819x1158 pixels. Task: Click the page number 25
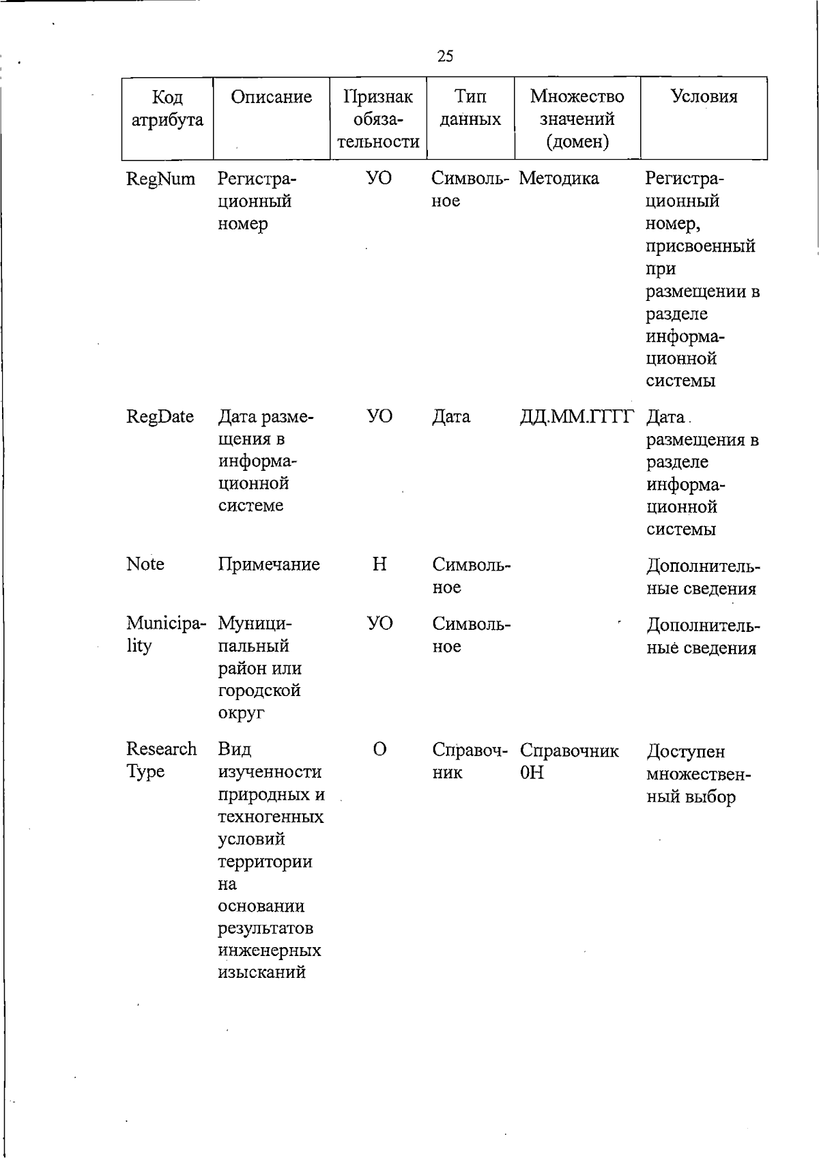445,56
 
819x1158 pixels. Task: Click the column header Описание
271,97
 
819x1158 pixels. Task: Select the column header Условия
704,96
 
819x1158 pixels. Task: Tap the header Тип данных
470,108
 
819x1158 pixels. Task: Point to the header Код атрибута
167,108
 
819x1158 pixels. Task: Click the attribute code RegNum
160,179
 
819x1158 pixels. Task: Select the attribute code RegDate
160,417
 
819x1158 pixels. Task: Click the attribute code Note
145,564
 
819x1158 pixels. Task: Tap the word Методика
558,179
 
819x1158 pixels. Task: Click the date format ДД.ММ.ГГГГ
577,417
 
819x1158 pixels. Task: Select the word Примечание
269,565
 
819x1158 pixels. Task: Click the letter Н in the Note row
379,564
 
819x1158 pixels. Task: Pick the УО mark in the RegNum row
379,179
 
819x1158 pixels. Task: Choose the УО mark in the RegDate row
379,417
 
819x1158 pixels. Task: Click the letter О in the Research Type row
379,750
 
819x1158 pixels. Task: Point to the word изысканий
261,972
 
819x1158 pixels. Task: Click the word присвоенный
700,246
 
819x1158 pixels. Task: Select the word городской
259,691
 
